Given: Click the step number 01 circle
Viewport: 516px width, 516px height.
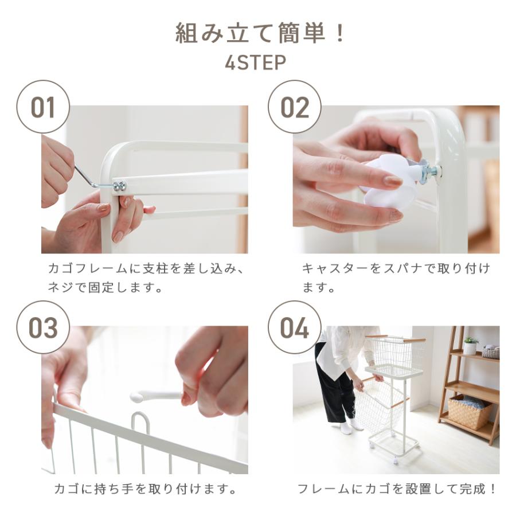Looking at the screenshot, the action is pyautogui.click(x=43, y=107).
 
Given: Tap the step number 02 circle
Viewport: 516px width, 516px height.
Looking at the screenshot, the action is pyautogui.click(x=295, y=107).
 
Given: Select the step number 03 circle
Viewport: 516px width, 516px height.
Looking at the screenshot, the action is pyautogui.click(x=43, y=327).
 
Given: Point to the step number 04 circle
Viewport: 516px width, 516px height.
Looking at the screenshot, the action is pyautogui.click(x=295, y=327).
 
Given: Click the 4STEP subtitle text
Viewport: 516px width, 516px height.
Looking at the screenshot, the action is pyautogui.click(x=255, y=62).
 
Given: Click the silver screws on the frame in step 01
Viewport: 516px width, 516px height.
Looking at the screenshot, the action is pyautogui.click(x=119, y=185).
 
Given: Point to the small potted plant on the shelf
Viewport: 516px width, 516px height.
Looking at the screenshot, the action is pyautogui.click(x=470, y=345).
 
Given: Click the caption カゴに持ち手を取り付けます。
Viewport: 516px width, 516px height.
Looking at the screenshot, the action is pyautogui.click(x=145, y=488).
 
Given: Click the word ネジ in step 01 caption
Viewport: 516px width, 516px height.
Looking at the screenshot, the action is pyautogui.click(x=61, y=287).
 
